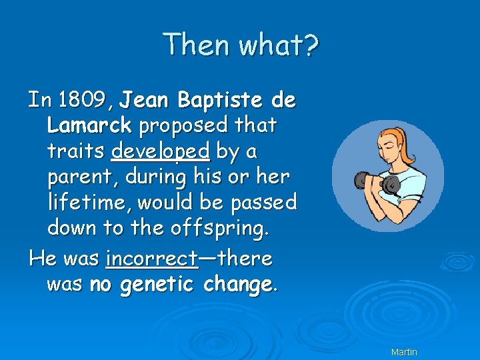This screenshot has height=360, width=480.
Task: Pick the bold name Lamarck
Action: click(x=89, y=125)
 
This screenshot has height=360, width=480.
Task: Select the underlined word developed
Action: click(x=161, y=152)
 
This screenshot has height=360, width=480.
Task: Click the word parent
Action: click(x=81, y=177)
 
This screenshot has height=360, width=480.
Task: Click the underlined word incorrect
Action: click(x=151, y=258)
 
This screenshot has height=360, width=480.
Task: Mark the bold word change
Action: click(x=237, y=285)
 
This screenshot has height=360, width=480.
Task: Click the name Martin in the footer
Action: click(x=404, y=351)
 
